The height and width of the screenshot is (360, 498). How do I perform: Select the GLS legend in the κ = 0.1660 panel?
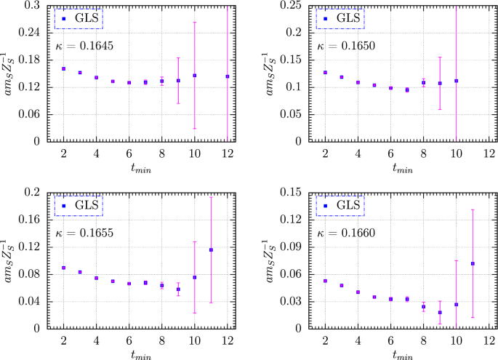(340, 206)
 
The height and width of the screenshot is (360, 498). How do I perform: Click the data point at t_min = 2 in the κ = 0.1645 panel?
(64, 68)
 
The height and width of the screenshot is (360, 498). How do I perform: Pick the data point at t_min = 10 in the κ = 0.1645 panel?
(195, 75)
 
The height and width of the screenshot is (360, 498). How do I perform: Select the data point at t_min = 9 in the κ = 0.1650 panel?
(440, 83)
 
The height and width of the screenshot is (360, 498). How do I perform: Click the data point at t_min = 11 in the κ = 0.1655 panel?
(211, 249)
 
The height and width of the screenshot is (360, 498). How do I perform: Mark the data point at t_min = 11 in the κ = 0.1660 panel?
(473, 263)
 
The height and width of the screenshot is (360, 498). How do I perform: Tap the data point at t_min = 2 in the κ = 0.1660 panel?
(325, 281)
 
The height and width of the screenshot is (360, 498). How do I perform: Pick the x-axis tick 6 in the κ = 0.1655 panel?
(129, 340)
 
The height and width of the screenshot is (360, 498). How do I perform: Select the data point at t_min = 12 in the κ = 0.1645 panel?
(228, 76)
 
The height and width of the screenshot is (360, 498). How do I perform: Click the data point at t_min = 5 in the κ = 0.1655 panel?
(113, 281)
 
